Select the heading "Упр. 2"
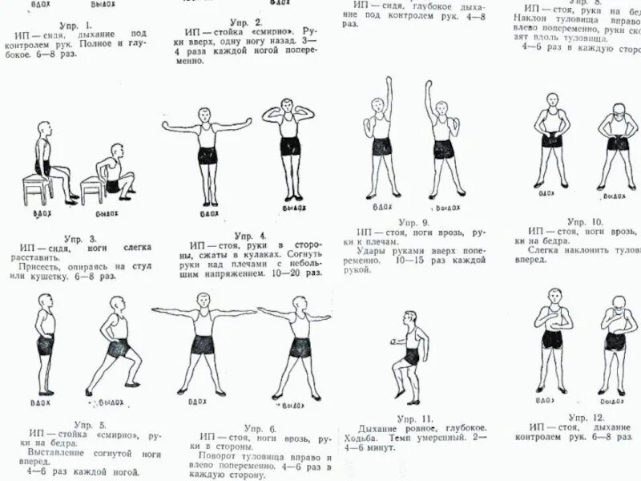pyautogui.click(x=245, y=21)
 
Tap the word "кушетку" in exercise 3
pyautogui.click(x=54, y=277)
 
